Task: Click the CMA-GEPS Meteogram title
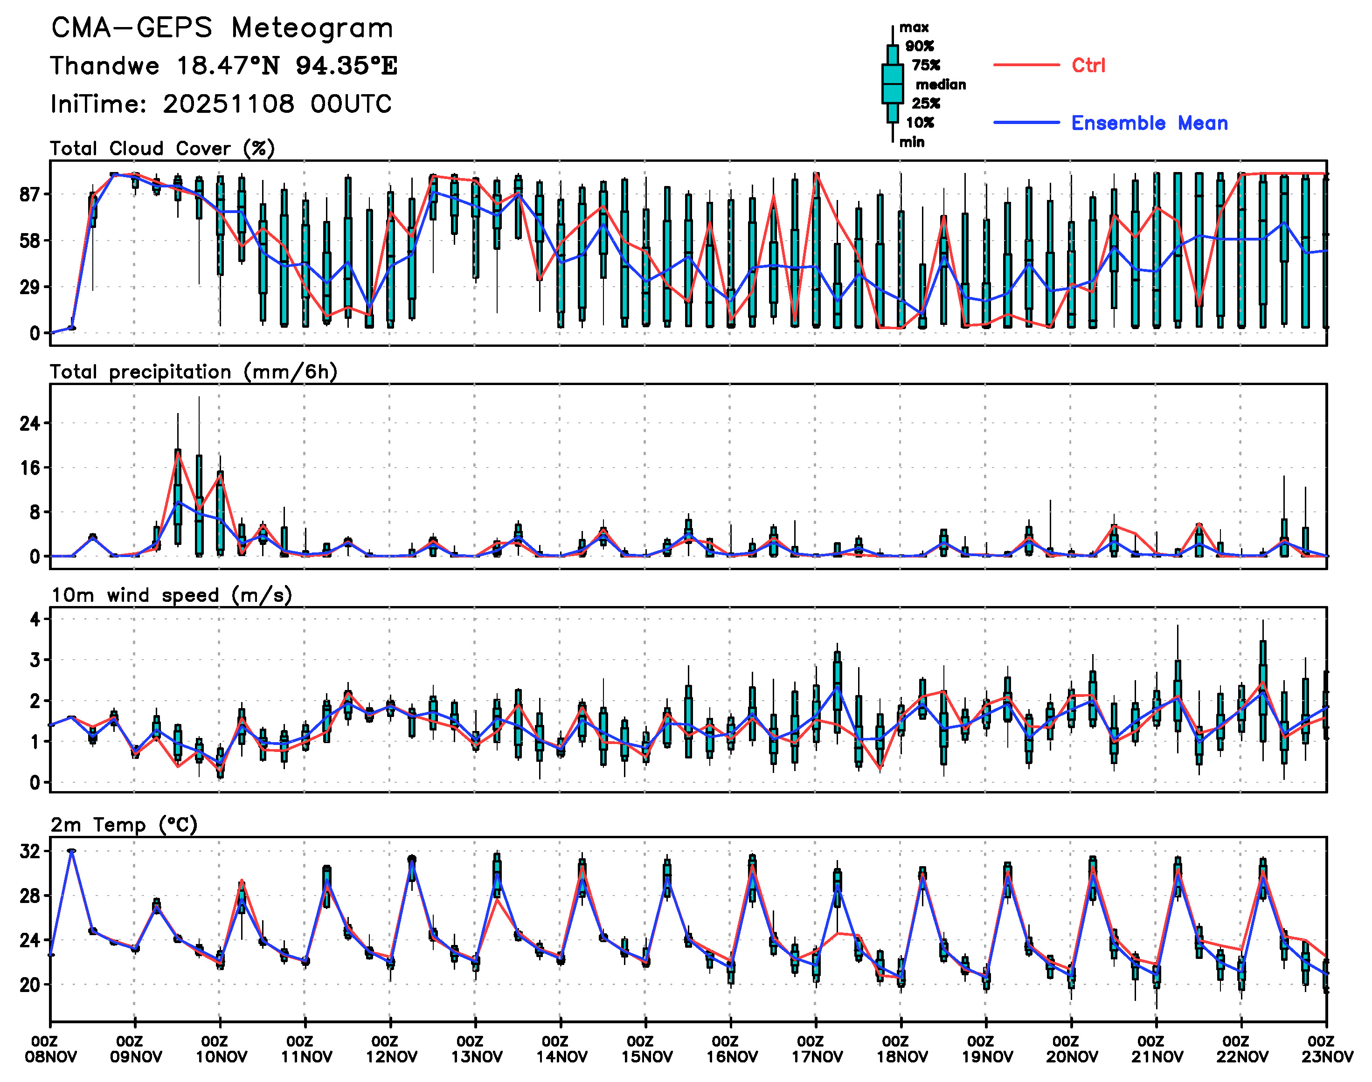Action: pos(222,28)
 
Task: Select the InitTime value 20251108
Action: pos(228,104)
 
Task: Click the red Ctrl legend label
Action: pos(1088,65)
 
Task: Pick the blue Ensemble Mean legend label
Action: pos(1149,123)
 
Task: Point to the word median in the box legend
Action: pos(941,85)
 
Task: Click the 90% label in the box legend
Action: pos(919,46)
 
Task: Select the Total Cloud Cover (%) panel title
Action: pos(162,149)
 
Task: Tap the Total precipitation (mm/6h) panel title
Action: pos(193,372)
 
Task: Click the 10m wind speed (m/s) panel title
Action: pos(171,595)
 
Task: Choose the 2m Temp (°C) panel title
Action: pos(124,825)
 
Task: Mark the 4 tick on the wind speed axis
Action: pos(35,619)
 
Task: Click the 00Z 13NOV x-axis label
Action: pos(477,1049)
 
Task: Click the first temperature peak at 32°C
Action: pos(72,851)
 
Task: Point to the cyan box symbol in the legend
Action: pos(892,83)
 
